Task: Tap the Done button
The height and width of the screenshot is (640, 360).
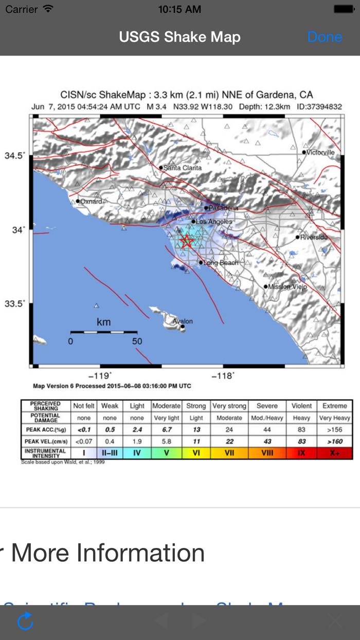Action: [325, 37]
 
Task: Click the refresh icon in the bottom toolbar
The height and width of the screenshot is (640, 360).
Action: [25, 621]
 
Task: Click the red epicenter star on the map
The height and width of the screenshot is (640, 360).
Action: [187, 241]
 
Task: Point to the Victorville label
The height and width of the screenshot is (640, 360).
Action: [320, 152]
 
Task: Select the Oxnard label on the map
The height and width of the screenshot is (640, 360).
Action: [91, 201]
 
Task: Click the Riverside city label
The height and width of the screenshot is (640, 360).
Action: [314, 237]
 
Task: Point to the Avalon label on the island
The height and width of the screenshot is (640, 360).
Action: [183, 322]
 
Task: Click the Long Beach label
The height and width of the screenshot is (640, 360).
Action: [221, 263]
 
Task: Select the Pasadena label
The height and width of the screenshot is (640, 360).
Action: [224, 208]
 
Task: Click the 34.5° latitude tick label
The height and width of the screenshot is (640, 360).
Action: [14, 155]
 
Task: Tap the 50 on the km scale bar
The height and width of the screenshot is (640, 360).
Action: [137, 341]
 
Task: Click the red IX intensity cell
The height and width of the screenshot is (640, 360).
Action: [301, 453]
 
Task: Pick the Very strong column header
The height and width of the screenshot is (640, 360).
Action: [229, 406]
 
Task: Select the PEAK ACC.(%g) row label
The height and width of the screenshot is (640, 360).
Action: [45, 430]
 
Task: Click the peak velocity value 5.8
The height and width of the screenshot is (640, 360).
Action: [167, 441]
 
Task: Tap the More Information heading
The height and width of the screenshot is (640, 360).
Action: [107, 553]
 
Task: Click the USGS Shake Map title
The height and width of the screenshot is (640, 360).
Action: [179, 37]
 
